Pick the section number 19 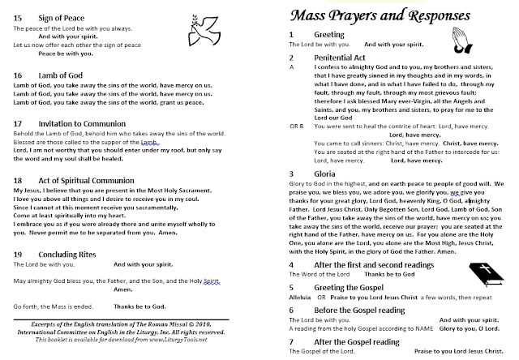18,255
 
